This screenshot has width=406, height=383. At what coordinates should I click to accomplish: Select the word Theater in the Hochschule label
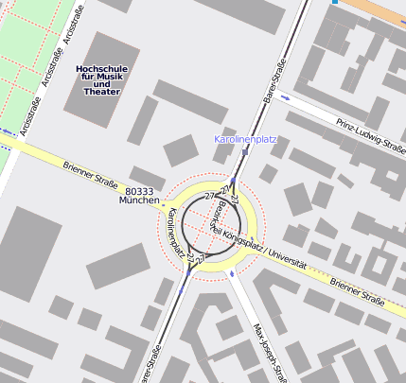[102, 93]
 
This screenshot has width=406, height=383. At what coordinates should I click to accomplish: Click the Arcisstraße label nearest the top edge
[67, 28]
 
